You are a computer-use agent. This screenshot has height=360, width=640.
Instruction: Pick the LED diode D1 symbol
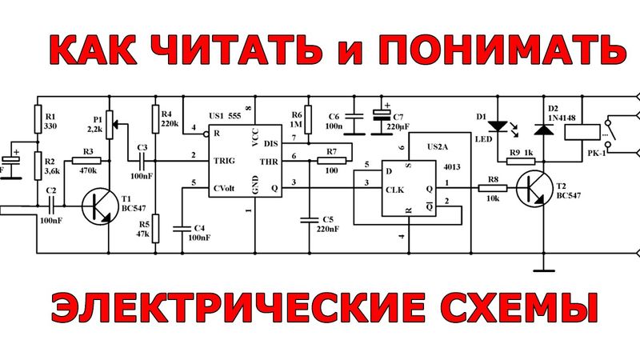pyautogui.click(x=498, y=126)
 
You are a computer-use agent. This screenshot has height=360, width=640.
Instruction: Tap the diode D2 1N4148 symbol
pyautogui.click(x=546, y=128)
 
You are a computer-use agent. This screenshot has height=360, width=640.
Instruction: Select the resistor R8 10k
pyautogui.click(x=486, y=189)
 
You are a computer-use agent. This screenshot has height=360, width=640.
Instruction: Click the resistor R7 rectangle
pyautogui.click(x=331, y=161)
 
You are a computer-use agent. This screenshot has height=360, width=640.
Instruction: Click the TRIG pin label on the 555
pyautogui.click(x=224, y=161)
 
